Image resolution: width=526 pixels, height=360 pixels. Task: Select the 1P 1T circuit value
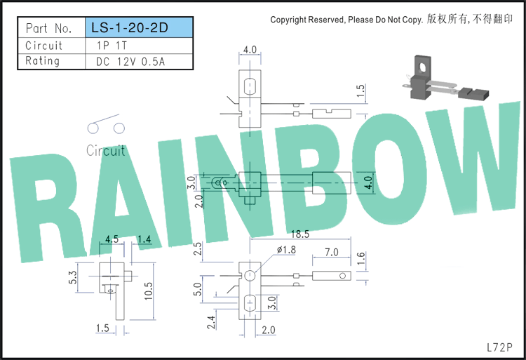[x=112, y=46]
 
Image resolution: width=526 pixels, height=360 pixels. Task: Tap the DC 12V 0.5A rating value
[x=130, y=62]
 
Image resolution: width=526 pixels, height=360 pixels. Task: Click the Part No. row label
[x=49, y=28]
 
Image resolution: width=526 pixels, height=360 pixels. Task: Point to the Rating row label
[x=42, y=61]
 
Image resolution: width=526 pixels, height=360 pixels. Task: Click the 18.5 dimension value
[x=300, y=234]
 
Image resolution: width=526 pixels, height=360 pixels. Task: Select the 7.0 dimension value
[x=331, y=252]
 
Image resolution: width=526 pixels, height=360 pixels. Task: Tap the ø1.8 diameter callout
[x=286, y=250]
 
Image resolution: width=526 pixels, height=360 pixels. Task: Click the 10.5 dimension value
[x=148, y=291]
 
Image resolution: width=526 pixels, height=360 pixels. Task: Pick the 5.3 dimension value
[x=73, y=277]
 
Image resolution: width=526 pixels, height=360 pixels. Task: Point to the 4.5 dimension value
[x=112, y=239]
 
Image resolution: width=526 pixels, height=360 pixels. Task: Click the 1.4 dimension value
[x=144, y=239]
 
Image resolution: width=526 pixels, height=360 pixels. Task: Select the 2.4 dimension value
[x=211, y=322]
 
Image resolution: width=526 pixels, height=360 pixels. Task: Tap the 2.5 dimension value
[x=198, y=248]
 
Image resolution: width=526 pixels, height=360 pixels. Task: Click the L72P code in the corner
[x=499, y=347]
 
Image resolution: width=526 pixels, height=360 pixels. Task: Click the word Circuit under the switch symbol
[x=106, y=150]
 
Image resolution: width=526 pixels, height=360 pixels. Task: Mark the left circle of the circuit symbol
[x=93, y=128]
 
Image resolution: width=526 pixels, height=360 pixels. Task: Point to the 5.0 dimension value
[x=198, y=289]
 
